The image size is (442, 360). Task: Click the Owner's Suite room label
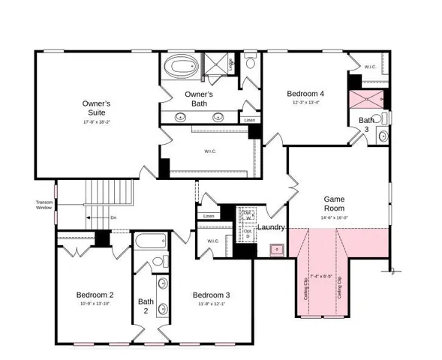(96, 107)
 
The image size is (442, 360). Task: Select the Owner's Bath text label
(199, 99)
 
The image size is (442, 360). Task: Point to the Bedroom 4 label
(305, 94)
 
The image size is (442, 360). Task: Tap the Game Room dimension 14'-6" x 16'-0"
(334, 217)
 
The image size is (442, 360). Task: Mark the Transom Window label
(44, 205)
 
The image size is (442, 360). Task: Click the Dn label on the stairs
(113, 217)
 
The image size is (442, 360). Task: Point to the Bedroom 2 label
(95, 295)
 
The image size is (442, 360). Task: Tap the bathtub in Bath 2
(152, 242)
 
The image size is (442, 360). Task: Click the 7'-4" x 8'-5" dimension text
(320, 277)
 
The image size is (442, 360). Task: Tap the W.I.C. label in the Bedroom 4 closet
(370, 67)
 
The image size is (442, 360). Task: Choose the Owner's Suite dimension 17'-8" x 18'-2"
(96, 121)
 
